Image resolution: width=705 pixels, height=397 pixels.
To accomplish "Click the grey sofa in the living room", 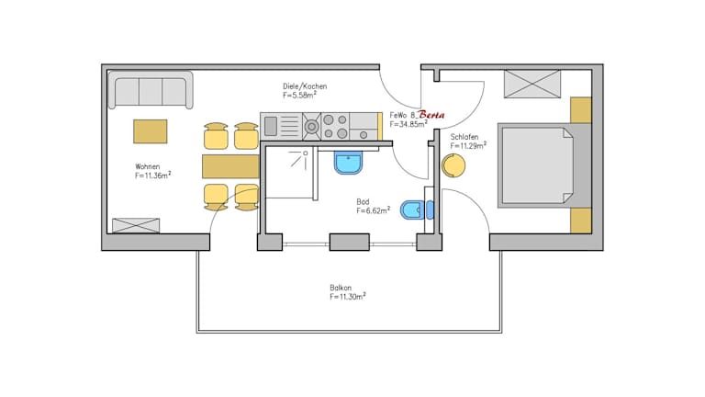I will (151, 91).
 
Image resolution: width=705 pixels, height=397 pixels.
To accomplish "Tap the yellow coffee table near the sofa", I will (151, 131).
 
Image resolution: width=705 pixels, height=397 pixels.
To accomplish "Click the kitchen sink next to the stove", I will (281, 124).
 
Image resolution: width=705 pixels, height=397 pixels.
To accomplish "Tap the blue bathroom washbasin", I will (349, 163).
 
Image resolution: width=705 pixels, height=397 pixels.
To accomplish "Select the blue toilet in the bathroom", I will (415, 209).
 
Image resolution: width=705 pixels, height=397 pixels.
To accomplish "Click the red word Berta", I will (431, 115).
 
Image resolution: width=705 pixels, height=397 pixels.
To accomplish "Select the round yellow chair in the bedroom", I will (453, 166).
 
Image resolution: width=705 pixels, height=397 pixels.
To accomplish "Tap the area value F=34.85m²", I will (408, 124).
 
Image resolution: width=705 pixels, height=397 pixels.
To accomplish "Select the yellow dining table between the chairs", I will (230, 166).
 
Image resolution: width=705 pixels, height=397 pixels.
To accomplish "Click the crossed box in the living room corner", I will (136, 225).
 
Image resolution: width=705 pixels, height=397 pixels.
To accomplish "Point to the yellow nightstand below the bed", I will (580, 221).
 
